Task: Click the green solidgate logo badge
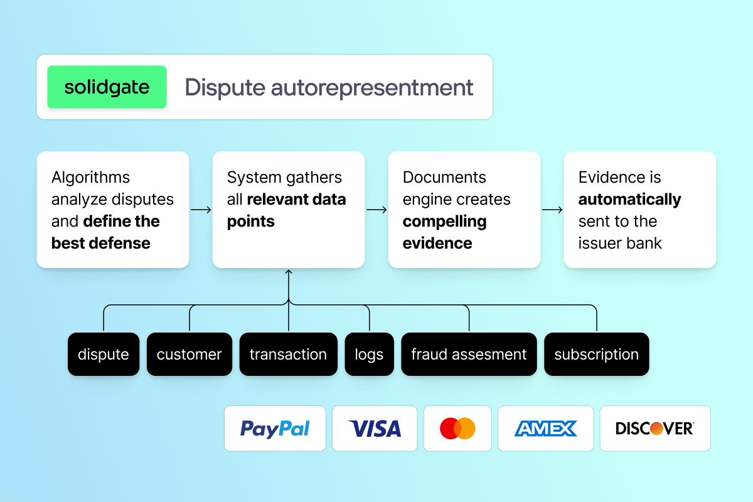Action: [107, 87]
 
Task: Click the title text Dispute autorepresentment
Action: [329, 87]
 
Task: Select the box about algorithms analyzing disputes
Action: [113, 210]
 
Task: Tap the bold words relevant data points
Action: [286, 211]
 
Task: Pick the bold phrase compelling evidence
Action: [444, 232]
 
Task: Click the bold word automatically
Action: [629, 200]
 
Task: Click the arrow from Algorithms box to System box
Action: [201, 210]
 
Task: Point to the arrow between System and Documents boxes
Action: [376, 210]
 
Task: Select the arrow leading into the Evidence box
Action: [552, 210]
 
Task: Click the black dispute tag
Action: [104, 354]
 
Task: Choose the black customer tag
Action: [189, 354]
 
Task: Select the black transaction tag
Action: [288, 354]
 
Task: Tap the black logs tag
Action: [369, 354]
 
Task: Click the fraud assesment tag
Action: [469, 354]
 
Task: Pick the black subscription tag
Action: [596, 354]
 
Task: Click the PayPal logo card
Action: [275, 429]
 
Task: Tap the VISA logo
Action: [375, 429]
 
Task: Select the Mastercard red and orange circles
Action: [457, 429]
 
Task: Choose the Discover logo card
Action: [654, 429]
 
